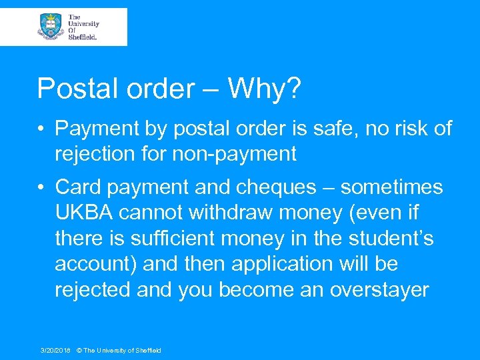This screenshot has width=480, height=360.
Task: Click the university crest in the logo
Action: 51,26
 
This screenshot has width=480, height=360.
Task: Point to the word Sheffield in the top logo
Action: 83,37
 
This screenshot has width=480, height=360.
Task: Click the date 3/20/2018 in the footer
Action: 55,350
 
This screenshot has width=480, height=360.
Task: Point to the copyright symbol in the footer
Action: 79,350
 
